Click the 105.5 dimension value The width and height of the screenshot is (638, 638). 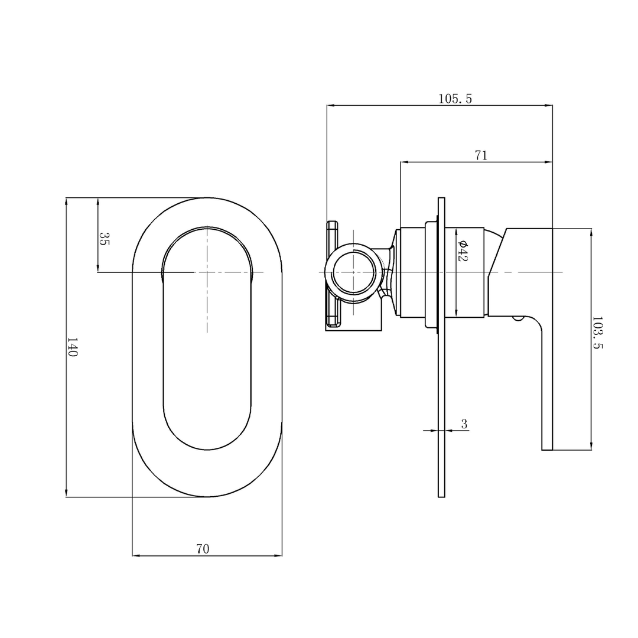click(x=455, y=99)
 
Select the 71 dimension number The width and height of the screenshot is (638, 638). click(x=481, y=155)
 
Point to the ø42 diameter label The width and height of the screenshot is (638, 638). click(x=463, y=251)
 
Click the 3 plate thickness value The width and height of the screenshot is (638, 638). click(x=464, y=424)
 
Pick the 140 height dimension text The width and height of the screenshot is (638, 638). click(x=72, y=347)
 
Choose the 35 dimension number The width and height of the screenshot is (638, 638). click(x=103, y=239)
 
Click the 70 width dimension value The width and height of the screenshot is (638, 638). click(x=203, y=549)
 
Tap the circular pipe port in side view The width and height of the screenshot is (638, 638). click(x=353, y=272)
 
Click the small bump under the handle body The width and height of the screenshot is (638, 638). click(x=518, y=319)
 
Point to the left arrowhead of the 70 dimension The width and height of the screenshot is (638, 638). click(x=136, y=555)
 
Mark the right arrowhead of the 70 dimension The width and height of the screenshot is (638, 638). click(x=278, y=555)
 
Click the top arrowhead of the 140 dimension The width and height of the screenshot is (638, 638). click(x=66, y=201)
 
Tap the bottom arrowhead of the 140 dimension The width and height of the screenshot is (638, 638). click(x=66, y=493)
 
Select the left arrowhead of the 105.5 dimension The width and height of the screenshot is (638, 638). click(x=331, y=105)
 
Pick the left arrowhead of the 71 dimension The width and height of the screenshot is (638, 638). click(x=405, y=161)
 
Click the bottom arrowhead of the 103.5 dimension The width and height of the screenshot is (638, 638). click(x=591, y=446)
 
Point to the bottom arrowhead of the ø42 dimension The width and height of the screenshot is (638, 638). click(x=456, y=314)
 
